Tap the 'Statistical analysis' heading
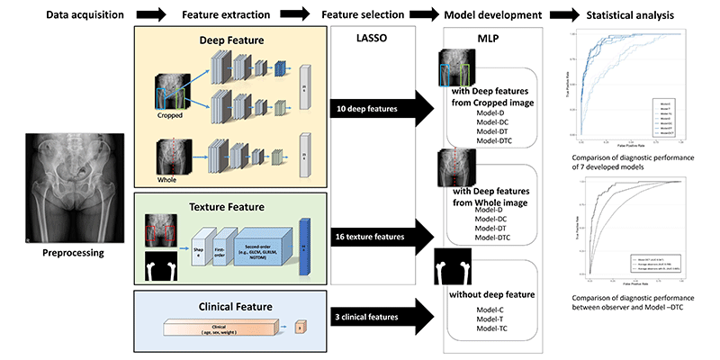tap(641, 14)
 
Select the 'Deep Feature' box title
tap(224, 41)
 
